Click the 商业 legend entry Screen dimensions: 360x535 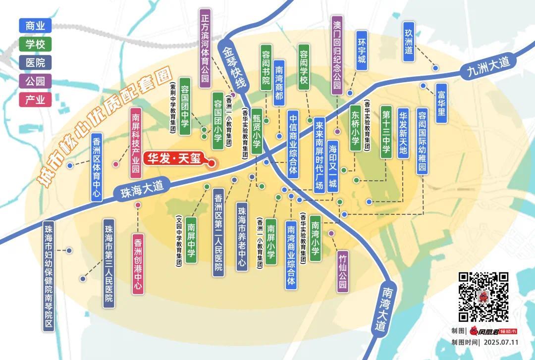(x=35, y=26)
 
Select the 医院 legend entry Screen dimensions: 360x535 (x=35, y=62)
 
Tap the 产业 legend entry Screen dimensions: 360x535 (x=35, y=100)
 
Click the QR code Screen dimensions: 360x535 (x=483, y=297)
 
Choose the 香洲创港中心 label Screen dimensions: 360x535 (x=138, y=265)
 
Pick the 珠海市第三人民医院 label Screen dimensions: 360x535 (x=109, y=264)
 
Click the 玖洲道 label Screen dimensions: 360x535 (x=409, y=42)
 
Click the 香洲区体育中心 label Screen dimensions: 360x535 (x=97, y=167)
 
